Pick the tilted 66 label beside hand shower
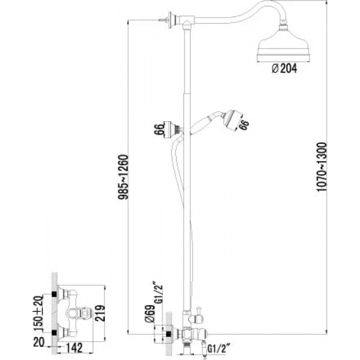pos(245,125)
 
